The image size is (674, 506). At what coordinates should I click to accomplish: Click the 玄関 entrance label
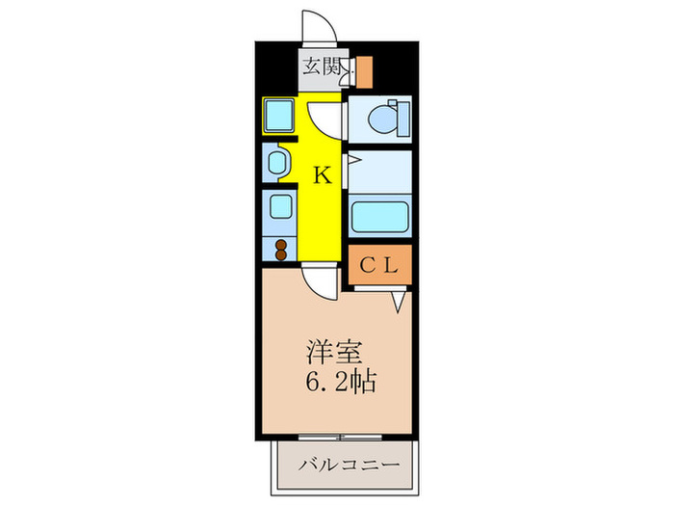pyautogui.click(x=321, y=67)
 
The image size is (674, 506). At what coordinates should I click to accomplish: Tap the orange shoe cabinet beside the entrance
pyautogui.click(x=364, y=72)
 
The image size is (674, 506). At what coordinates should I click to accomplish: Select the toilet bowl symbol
pyautogui.click(x=383, y=119)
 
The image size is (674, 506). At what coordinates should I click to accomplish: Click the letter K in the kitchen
pyautogui.click(x=322, y=175)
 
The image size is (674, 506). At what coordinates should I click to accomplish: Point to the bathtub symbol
pyautogui.click(x=379, y=216)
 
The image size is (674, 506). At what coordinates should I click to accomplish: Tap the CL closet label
pyautogui.click(x=379, y=265)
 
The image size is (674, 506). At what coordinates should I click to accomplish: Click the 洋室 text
pyautogui.click(x=334, y=354)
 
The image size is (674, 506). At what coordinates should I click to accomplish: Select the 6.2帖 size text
pyautogui.click(x=341, y=382)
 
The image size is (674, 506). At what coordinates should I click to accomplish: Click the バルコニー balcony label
pyautogui.click(x=349, y=465)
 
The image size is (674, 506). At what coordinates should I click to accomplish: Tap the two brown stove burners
pyautogui.click(x=281, y=250)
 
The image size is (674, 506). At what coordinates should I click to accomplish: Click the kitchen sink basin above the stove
pyautogui.click(x=281, y=207)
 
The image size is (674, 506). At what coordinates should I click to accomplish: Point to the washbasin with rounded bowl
pyautogui.click(x=277, y=162)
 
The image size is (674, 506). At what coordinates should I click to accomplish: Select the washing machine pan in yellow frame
pyautogui.click(x=279, y=115)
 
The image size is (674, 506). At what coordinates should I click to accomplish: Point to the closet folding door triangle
pyautogui.click(x=400, y=302)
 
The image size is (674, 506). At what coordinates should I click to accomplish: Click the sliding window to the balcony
pyautogui.click(x=340, y=438)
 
